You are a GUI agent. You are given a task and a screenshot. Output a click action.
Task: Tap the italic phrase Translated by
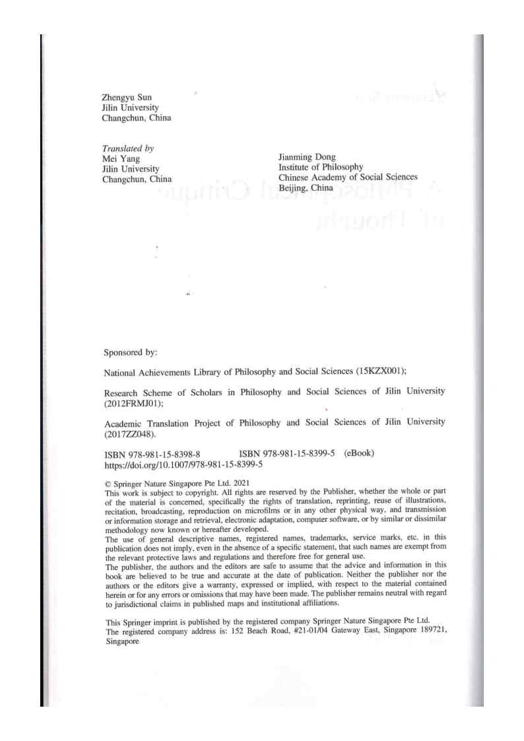tap(127, 149)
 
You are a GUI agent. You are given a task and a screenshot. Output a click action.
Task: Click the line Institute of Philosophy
tap(321, 168)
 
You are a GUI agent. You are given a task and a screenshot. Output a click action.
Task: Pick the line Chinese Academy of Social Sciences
tap(348, 177)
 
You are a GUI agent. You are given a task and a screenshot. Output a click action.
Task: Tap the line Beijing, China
tap(306, 187)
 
